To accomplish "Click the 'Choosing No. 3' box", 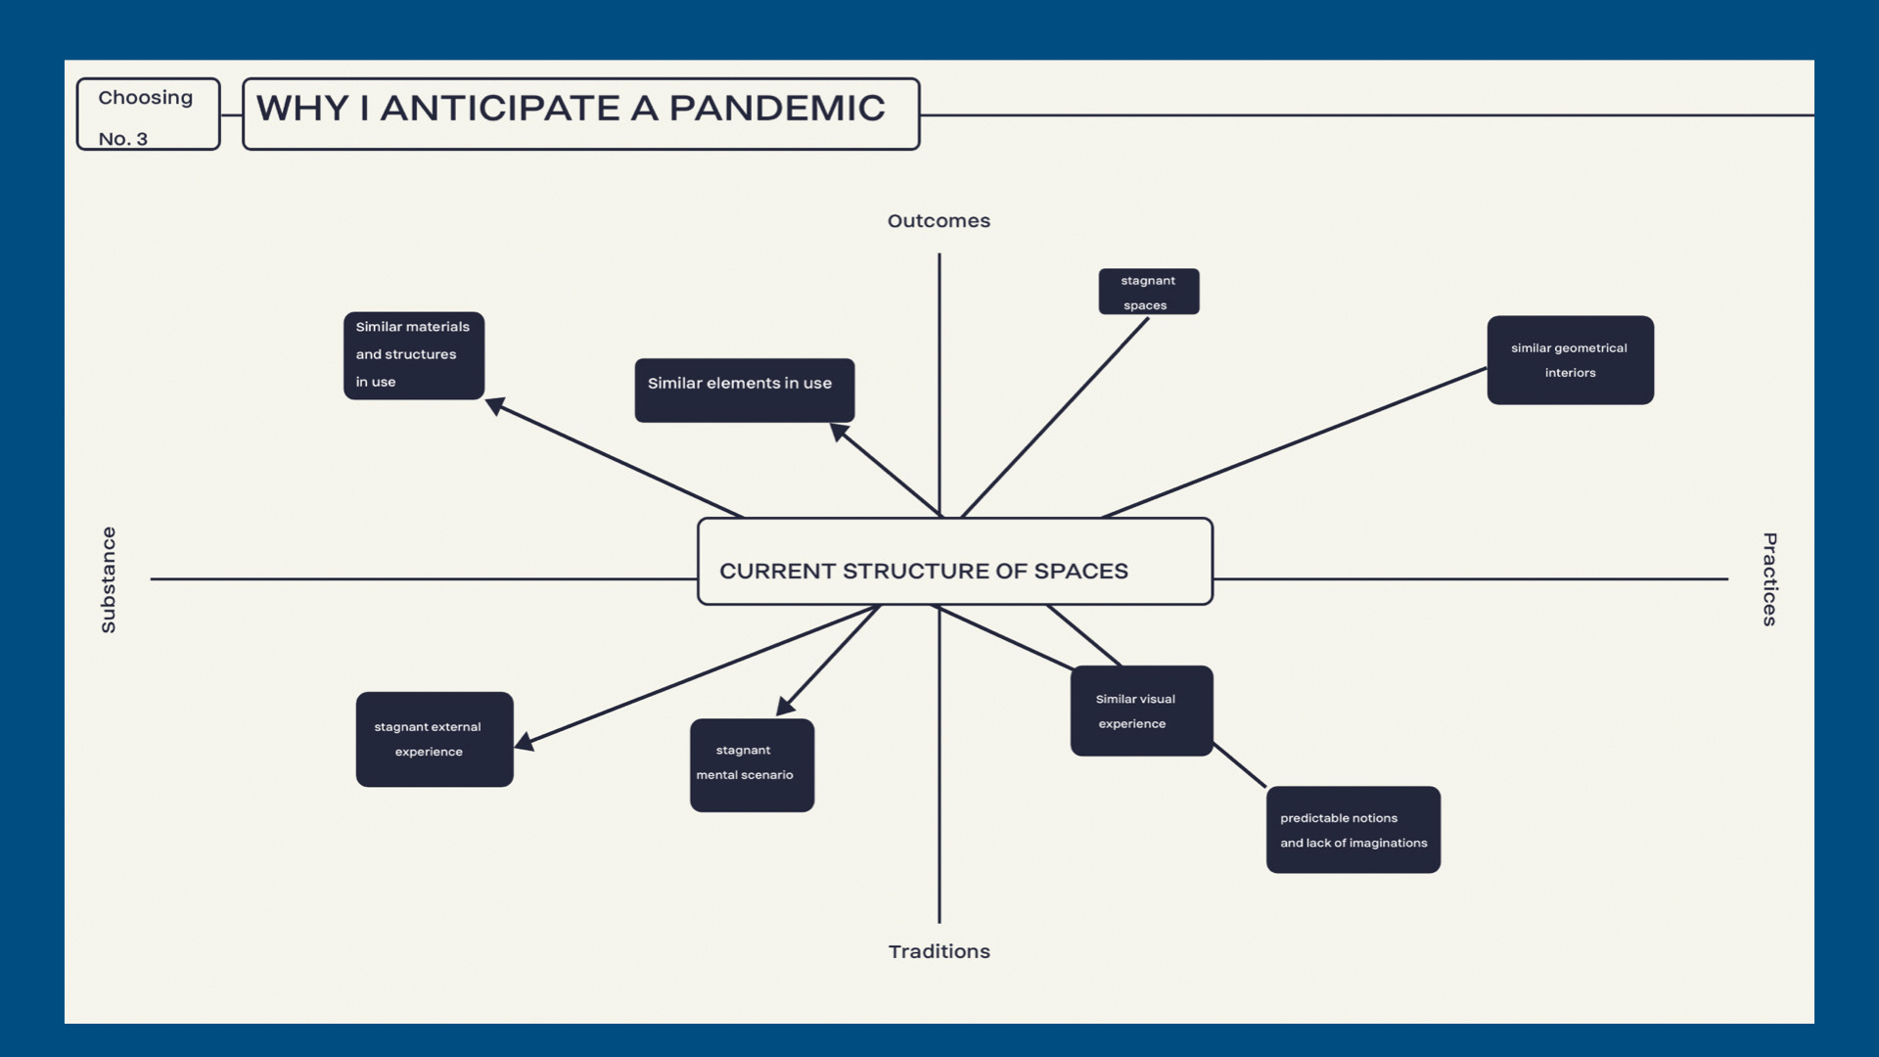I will (x=148, y=115).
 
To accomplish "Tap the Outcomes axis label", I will (x=939, y=221).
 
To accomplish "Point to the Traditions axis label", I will (x=939, y=951).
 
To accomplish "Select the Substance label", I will (x=109, y=579).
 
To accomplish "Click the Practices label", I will (x=1768, y=579).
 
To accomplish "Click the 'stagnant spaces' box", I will (x=1148, y=292).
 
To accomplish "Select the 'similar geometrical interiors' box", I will (x=1570, y=360).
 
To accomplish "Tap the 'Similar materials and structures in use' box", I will (x=413, y=355).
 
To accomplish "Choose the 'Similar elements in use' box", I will (x=744, y=390).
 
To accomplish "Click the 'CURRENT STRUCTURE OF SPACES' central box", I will (x=954, y=562).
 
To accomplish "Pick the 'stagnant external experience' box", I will (x=434, y=739).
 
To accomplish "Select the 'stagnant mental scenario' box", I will (x=752, y=764).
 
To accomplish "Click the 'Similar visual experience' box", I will (x=1141, y=711).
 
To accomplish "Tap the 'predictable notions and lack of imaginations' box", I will (x=1352, y=830).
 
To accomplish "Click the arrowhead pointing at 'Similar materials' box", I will (x=496, y=405).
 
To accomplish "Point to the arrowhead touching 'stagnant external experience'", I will (x=526, y=742).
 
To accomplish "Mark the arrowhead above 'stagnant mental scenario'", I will (x=786, y=706).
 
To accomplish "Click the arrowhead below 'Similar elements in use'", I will (x=840, y=432).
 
